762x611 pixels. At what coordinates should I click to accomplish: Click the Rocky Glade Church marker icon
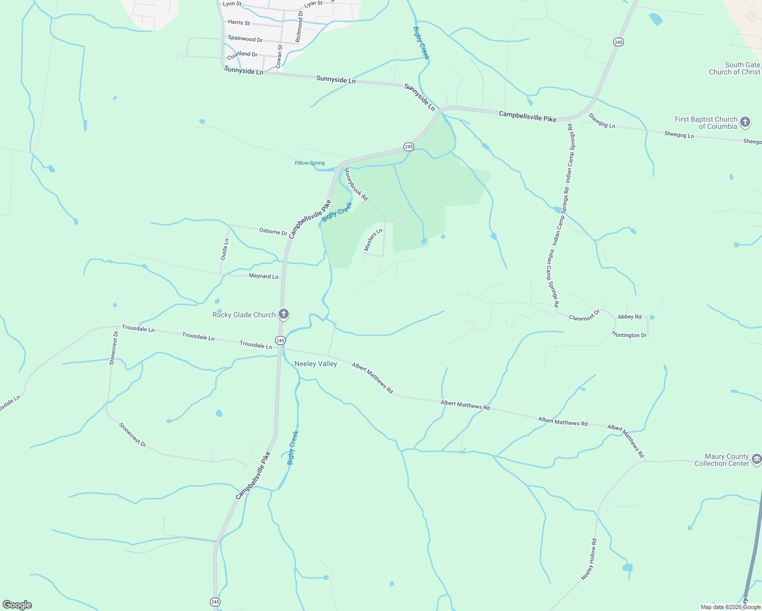(284, 315)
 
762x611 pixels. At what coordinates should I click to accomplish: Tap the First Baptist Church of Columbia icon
(745, 122)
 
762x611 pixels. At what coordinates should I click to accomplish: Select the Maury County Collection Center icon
(756, 460)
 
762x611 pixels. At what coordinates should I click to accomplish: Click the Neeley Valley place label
(316, 364)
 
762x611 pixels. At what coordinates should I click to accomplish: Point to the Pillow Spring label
(310, 163)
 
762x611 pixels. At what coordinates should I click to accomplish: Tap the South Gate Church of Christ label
(734, 68)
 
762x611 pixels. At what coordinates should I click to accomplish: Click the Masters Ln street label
(373, 240)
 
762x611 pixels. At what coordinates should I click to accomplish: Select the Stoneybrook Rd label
(356, 184)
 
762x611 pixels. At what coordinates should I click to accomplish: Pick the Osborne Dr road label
(273, 231)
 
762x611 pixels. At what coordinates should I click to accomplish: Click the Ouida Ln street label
(225, 249)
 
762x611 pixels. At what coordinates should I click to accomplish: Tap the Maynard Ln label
(263, 276)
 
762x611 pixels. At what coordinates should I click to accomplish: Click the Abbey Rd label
(630, 317)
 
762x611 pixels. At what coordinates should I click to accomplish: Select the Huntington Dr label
(629, 335)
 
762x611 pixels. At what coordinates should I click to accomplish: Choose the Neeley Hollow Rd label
(589, 560)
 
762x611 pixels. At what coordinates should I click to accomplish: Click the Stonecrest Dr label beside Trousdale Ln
(113, 348)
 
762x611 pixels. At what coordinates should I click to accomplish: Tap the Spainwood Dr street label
(245, 39)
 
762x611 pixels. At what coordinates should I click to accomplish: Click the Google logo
(17, 604)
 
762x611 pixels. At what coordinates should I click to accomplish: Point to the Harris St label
(239, 22)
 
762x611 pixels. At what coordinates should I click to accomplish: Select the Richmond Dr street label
(299, 26)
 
